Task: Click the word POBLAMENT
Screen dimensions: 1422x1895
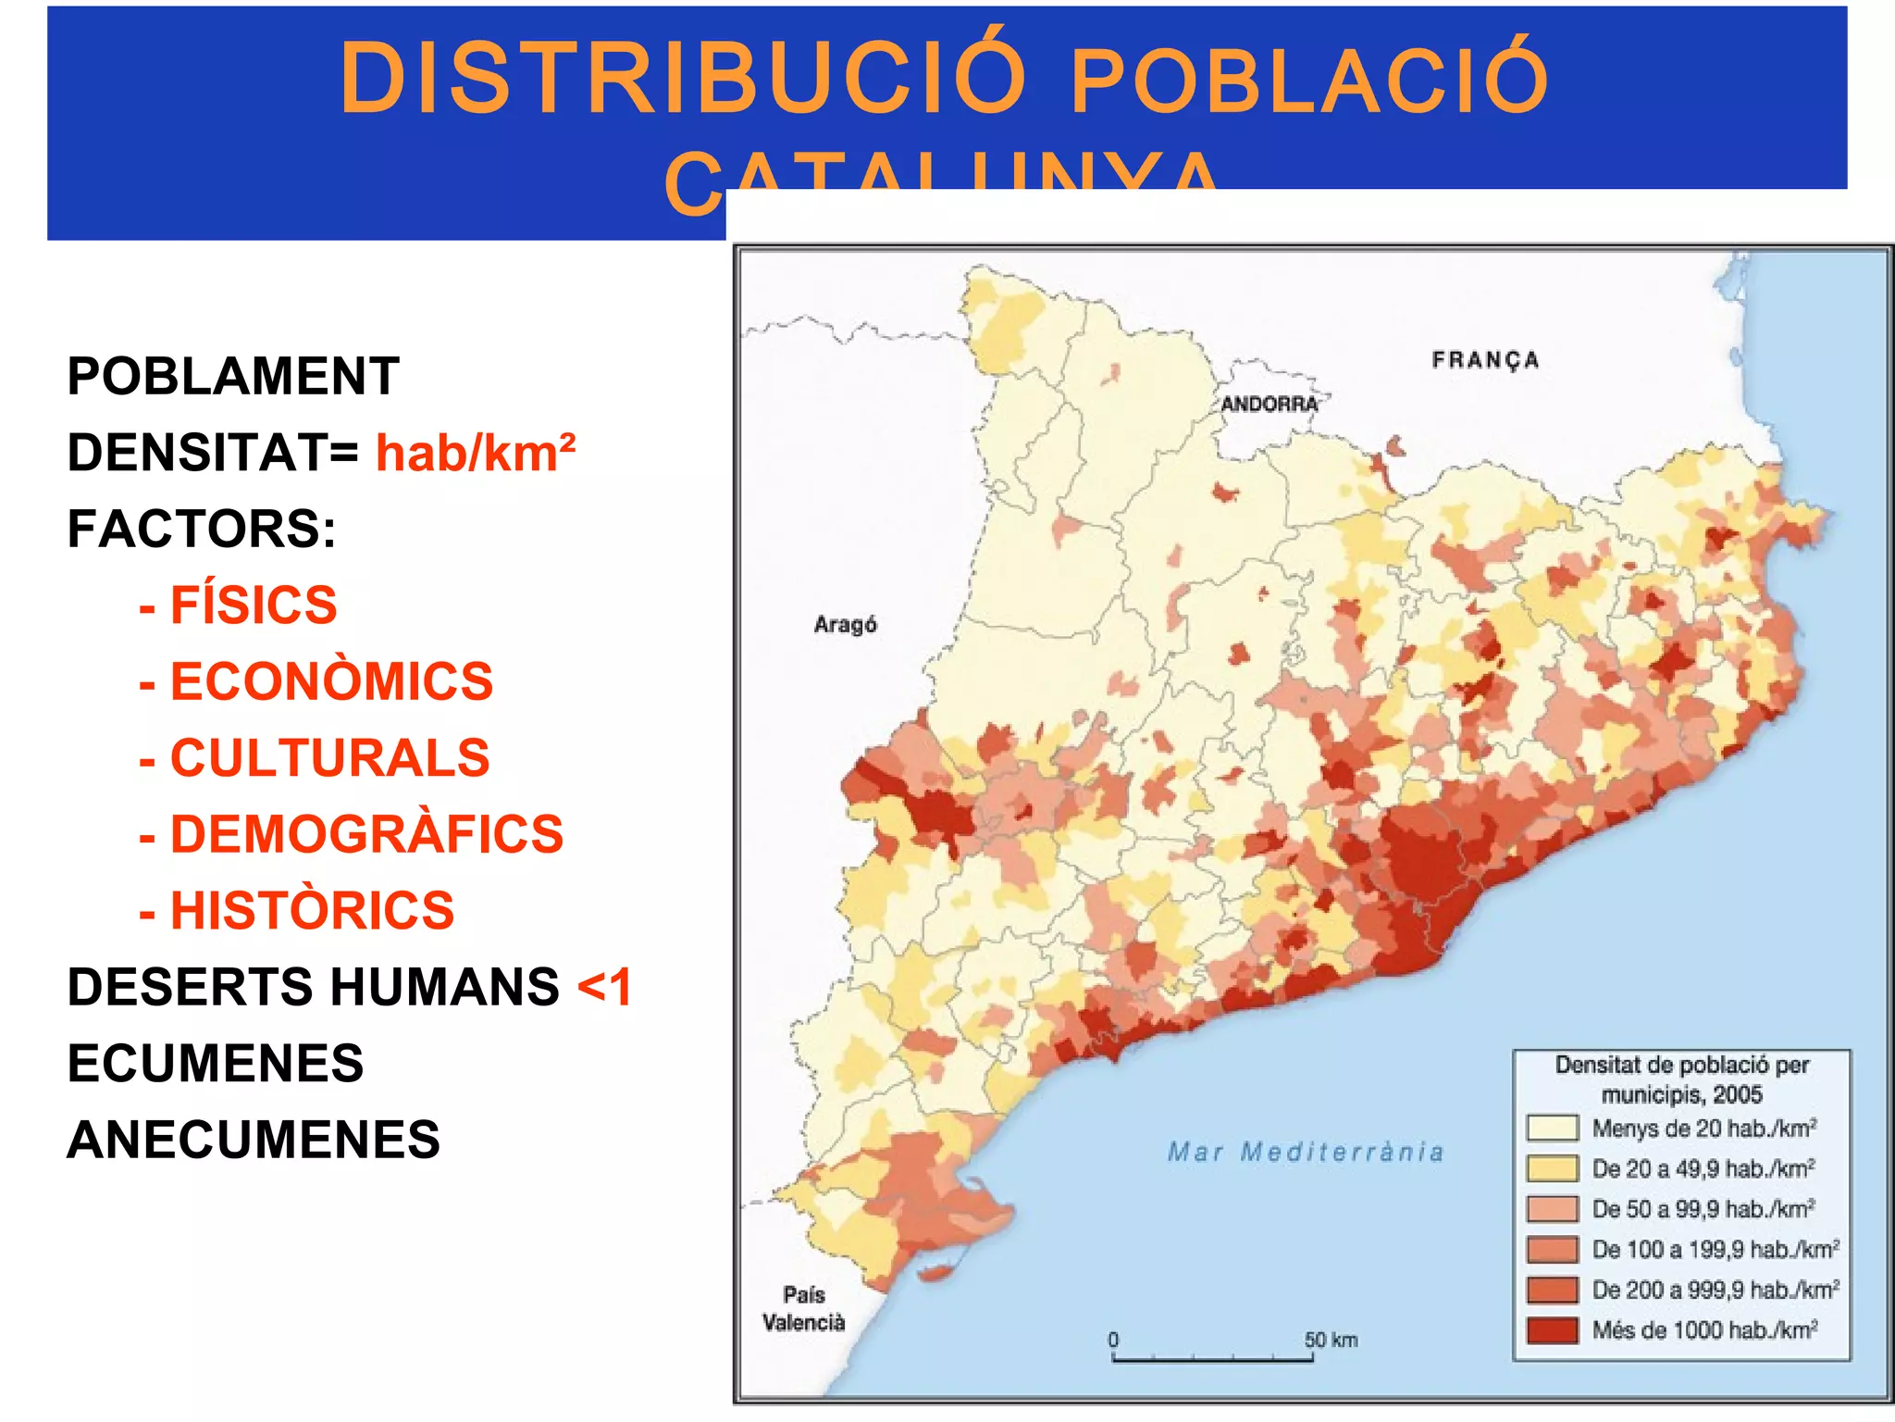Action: pos(233,377)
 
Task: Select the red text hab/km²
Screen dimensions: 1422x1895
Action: pos(476,454)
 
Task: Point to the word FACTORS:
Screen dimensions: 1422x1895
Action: pos(202,530)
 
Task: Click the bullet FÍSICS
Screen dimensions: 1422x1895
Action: pos(253,605)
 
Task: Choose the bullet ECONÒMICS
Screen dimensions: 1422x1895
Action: pos(330,682)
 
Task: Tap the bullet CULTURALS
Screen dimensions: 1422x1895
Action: pos(328,758)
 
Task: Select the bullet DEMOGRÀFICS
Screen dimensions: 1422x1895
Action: pos(365,834)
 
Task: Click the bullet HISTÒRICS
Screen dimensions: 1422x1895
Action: pos(312,911)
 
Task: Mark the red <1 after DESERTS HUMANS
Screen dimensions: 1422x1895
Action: pos(604,987)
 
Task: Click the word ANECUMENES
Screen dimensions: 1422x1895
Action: pos(254,1140)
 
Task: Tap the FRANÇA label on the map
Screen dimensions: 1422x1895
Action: pos(1485,360)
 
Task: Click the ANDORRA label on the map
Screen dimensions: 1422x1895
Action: pos(1270,405)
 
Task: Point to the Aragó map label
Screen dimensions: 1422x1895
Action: pos(845,625)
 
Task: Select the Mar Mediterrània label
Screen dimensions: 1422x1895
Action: pos(1305,1153)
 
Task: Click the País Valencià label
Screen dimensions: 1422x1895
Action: pos(803,1309)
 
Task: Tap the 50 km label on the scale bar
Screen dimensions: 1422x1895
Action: pos(1331,1340)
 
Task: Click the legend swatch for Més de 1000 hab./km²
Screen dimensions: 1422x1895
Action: pos(1552,1330)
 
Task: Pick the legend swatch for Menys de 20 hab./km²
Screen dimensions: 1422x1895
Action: pos(1552,1129)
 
